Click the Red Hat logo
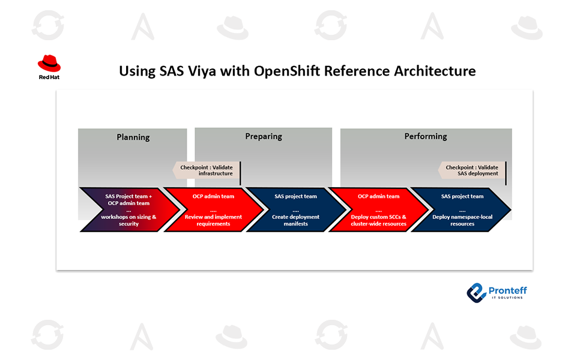tap(49, 67)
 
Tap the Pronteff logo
tap(497, 293)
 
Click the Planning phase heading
tap(133, 137)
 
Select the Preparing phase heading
tap(264, 136)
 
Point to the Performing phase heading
tap(426, 136)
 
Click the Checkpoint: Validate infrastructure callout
tap(207, 170)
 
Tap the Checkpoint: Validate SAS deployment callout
tap(472, 170)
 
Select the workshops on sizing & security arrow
tap(130, 210)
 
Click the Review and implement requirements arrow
tap(213, 210)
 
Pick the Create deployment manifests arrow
tap(296, 210)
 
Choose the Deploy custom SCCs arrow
tap(379, 210)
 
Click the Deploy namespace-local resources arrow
tap(462, 210)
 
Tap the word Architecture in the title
tap(435, 71)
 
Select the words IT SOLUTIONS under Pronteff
tap(507, 298)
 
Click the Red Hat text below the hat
tap(49, 77)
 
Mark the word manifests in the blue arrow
tap(295, 224)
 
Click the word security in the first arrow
tap(128, 224)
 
